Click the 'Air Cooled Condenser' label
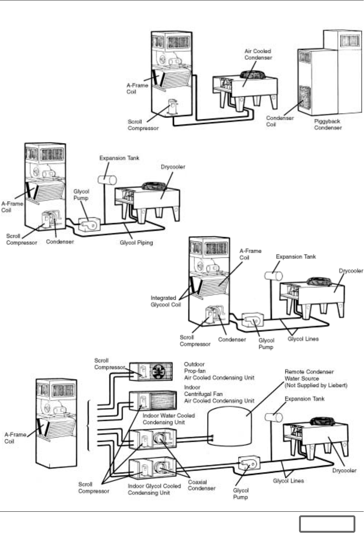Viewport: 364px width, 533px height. click(x=258, y=54)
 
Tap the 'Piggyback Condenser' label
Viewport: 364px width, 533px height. click(x=328, y=124)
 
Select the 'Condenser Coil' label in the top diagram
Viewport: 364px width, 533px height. click(x=280, y=121)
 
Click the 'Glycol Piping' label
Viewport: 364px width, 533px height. click(x=136, y=243)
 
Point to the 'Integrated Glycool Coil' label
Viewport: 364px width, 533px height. click(x=166, y=301)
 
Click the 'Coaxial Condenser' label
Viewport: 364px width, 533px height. click(x=201, y=485)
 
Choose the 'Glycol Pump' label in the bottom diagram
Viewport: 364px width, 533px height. click(x=241, y=494)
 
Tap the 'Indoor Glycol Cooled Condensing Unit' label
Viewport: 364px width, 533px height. click(x=154, y=489)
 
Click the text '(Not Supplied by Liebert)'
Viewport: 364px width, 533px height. click(x=316, y=385)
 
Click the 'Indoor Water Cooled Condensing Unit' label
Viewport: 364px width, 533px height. click(x=168, y=419)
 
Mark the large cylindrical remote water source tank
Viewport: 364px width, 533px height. click(x=229, y=427)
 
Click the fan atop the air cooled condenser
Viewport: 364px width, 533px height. click(x=253, y=75)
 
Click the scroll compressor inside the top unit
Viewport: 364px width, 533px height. click(x=174, y=107)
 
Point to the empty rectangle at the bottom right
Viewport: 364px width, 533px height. click(x=327, y=524)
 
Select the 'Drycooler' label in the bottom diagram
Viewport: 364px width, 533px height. click(x=344, y=470)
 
